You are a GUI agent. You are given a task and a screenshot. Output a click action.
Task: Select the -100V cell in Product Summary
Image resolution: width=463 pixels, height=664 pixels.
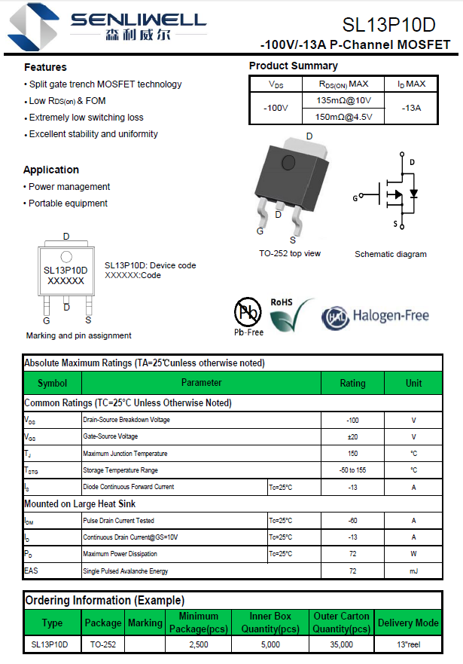pos(276,108)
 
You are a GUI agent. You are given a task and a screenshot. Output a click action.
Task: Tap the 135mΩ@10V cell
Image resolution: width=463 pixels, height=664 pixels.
pos(344,100)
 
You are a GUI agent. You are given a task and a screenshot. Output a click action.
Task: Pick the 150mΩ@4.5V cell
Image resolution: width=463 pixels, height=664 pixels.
pos(344,116)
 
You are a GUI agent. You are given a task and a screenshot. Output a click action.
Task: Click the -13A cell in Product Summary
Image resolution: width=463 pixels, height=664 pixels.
pos(411,108)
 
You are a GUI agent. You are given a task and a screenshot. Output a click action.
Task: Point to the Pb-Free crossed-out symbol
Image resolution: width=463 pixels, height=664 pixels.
pos(248,312)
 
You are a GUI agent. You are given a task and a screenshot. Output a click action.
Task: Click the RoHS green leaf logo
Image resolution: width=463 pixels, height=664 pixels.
pos(291,315)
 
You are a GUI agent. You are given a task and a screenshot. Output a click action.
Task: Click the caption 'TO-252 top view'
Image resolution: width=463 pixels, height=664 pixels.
pos(290,253)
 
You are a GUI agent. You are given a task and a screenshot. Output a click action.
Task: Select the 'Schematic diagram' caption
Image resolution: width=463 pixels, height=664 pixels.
pos(391,254)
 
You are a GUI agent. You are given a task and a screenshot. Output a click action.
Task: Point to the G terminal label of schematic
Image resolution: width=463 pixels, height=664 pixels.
pos(355,198)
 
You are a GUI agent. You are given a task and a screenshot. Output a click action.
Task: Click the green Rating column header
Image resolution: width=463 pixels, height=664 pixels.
pos(352,383)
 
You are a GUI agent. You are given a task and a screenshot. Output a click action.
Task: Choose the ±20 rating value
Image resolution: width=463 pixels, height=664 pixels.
pos(352,436)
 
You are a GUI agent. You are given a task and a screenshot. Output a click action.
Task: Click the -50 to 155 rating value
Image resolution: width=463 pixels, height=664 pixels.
pos(352,470)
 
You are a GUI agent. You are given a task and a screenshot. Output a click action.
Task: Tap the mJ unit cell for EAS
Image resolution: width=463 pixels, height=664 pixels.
pos(413,571)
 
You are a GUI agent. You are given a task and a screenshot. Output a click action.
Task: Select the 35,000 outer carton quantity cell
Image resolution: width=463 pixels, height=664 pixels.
pos(341,644)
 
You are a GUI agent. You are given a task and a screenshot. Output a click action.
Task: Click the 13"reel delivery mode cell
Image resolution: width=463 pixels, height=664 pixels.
pos(407,644)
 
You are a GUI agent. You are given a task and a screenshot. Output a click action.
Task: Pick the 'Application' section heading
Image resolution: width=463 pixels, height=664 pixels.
pos(51,170)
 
